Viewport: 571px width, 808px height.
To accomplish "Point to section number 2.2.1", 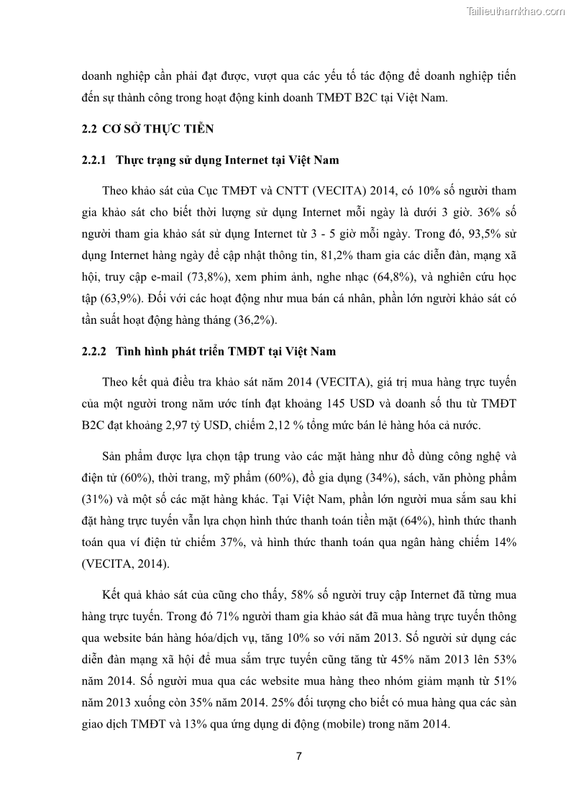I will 93,160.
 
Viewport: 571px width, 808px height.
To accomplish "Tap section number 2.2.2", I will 93,352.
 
